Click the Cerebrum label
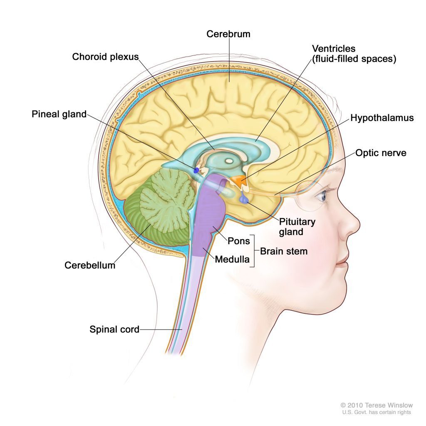point(228,34)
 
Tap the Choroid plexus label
point(105,56)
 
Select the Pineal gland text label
point(59,114)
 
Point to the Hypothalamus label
point(382,118)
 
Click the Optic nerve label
point(381,153)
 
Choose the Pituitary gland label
point(297,226)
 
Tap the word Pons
point(238,241)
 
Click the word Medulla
point(232,260)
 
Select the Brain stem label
point(284,251)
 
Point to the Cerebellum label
point(90,265)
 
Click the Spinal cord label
point(114,329)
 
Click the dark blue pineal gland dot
point(196,170)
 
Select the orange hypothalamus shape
point(238,180)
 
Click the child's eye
point(321,196)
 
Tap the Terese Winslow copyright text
point(376,405)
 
